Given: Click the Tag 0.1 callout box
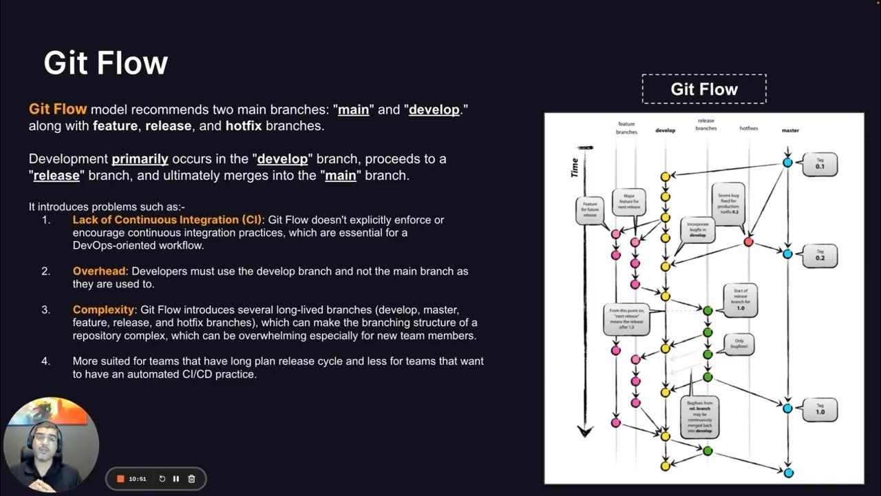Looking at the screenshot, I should click(x=820, y=164).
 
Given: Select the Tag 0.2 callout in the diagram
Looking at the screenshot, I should click(x=820, y=256).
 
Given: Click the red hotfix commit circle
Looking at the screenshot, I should click(x=748, y=242).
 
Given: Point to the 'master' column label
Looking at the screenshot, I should click(x=790, y=130).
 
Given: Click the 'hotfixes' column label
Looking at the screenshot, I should click(x=749, y=129).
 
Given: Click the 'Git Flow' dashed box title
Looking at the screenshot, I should click(x=703, y=89).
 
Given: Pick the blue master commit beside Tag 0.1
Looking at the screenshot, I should click(x=787, y=163).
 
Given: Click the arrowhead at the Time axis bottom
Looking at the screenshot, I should click(x=585, y=432).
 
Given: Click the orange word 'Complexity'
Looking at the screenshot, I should click(x=103, y=309).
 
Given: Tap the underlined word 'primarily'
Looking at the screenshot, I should click(x=140, y=158).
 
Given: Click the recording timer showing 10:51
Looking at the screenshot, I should click(x=137, y=479).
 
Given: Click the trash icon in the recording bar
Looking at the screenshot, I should click(x=192, y=479).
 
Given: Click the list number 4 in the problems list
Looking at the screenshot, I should click(x=46, y=361).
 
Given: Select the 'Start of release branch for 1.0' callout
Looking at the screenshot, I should click(x=741, y=298).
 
